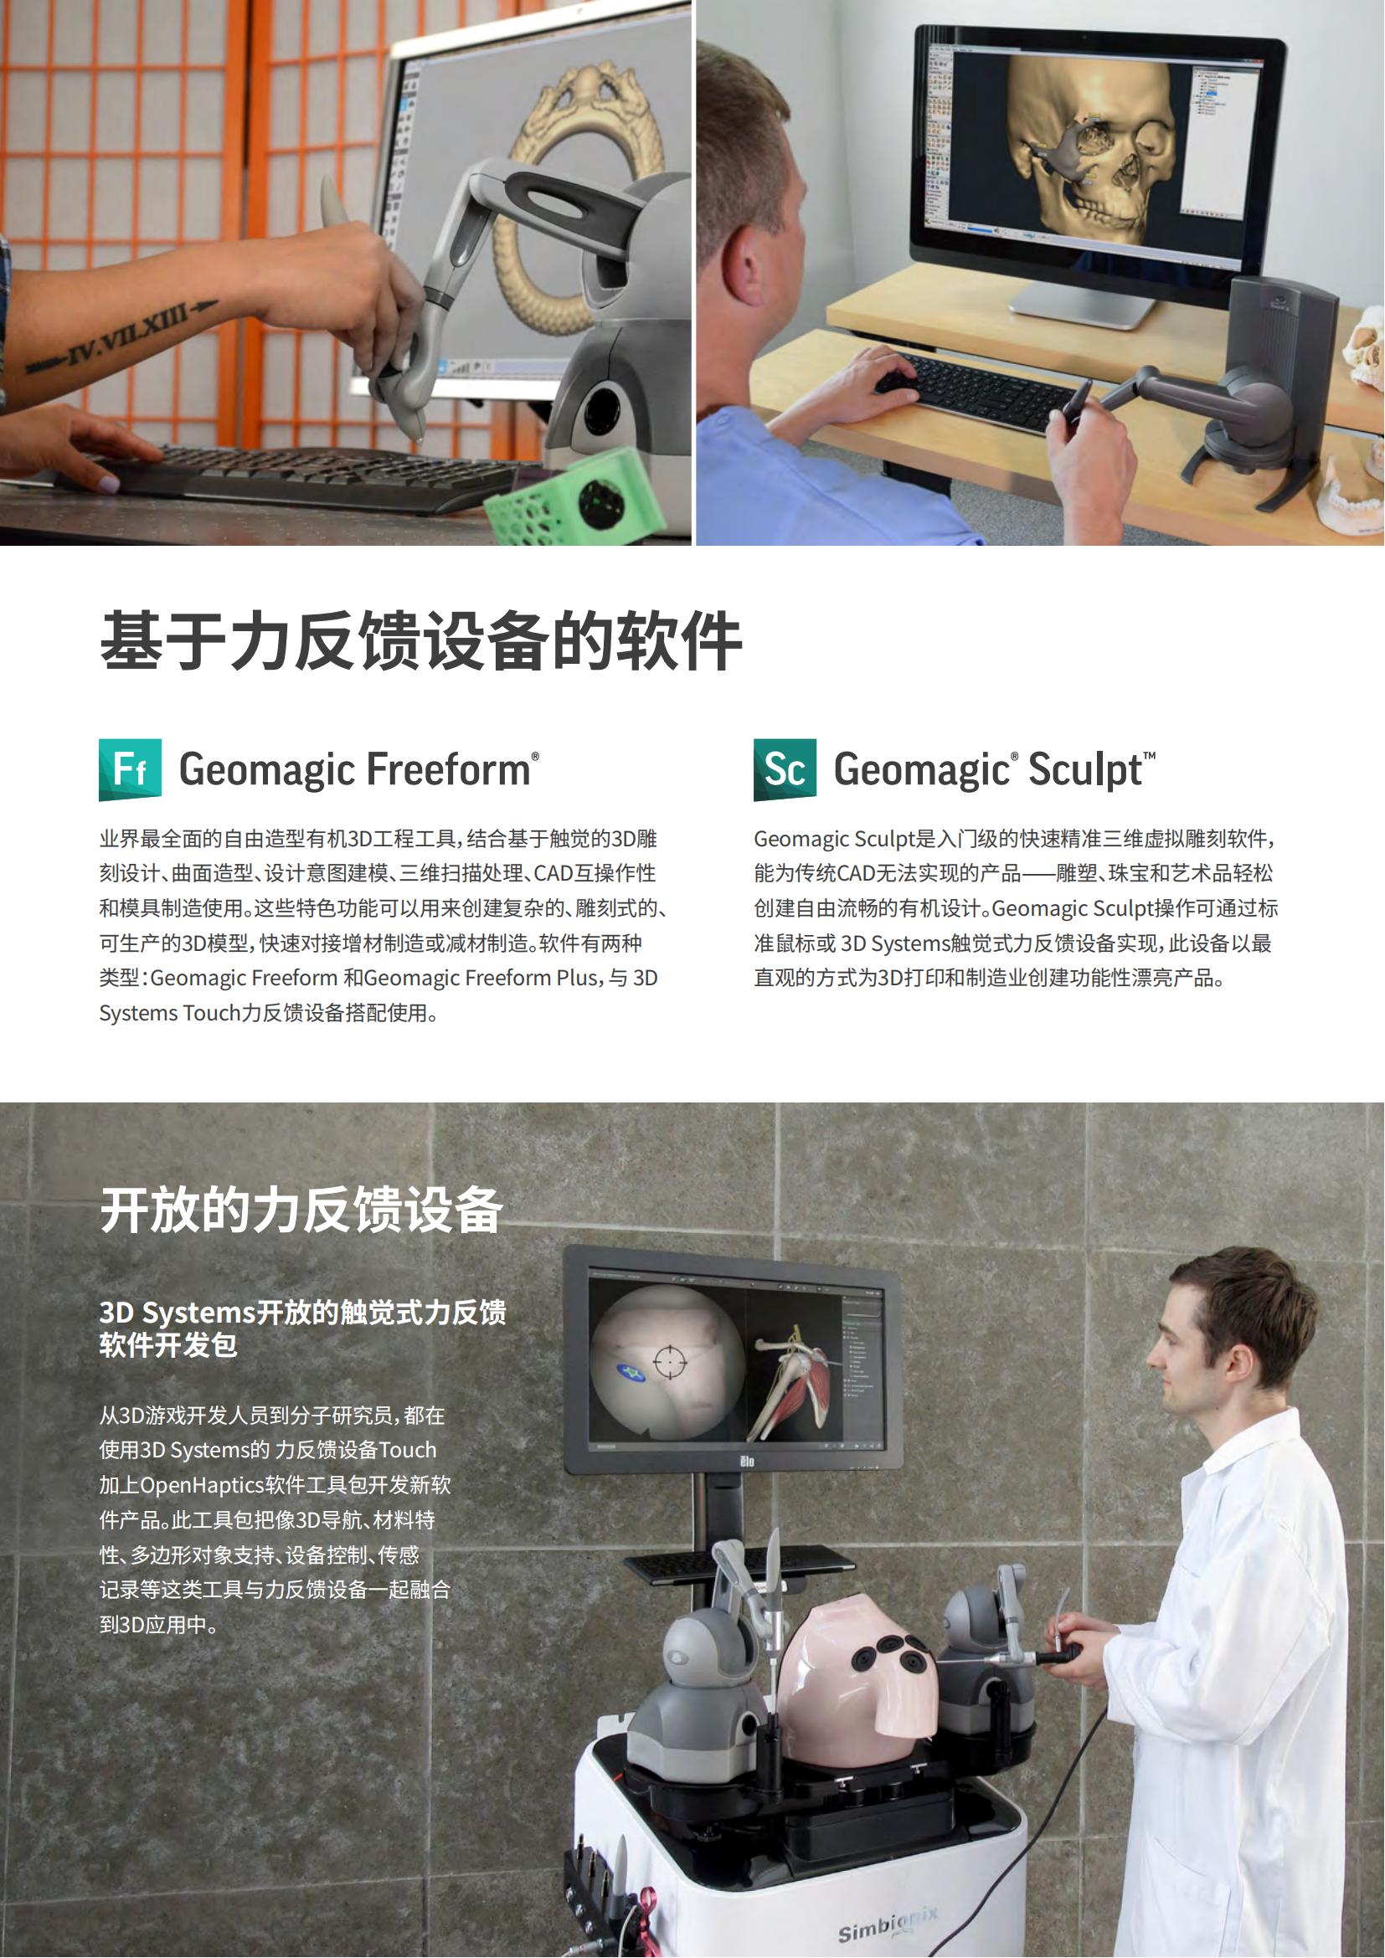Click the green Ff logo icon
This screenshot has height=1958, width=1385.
(x=131, y=769)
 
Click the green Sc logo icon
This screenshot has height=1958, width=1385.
(x=785, y=769)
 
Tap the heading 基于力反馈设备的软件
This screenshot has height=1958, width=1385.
(x=421, y=640)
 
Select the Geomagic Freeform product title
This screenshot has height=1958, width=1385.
(x=359, y=768)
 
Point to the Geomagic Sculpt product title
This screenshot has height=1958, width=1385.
(x=995, y=769)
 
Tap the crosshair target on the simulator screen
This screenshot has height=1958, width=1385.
(x=671, y=1362)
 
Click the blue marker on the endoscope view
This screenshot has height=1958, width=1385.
(x=632, y=1371)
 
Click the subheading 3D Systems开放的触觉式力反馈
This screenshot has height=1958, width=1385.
(x=303, y=1312)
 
